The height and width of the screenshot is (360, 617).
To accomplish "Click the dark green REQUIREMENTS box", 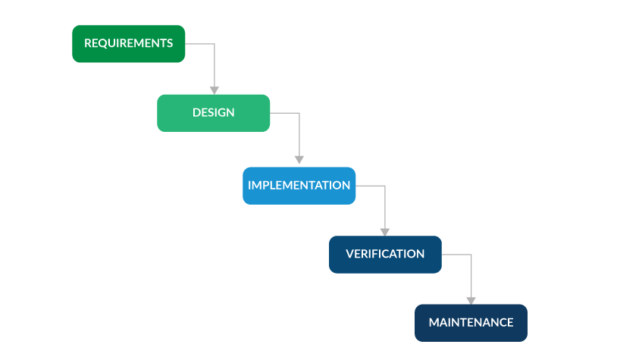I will coord(128,44).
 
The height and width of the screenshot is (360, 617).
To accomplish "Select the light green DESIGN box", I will coord(213,113).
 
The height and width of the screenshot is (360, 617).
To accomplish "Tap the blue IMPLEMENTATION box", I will coord(299,186).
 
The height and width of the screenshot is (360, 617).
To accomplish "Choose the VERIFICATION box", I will coord(385,255).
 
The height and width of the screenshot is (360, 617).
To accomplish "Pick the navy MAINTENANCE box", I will coord(471,323).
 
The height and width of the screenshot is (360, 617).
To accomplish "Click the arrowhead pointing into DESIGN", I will coord(215,89).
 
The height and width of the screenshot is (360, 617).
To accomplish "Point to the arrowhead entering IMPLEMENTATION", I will coord(299,160).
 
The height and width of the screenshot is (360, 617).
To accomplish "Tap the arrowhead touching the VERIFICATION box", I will coord(385,231).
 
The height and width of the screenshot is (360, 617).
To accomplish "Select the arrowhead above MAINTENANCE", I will coord(471,300).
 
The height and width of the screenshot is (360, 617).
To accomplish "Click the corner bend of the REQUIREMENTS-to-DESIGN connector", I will coord(215,44).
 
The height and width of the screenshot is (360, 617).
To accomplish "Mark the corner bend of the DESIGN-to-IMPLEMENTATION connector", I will coord(299,113).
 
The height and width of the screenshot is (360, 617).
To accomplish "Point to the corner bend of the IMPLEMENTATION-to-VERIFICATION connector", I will coord(385,186).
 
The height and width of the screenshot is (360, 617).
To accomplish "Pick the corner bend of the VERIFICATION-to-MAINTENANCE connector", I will coord(471,255).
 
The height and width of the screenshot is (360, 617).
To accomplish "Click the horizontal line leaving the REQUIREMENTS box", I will coord(199,44).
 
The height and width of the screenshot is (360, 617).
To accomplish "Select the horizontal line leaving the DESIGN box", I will coord(284,113).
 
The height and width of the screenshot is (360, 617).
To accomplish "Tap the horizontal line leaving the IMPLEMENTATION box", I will coord(370,186).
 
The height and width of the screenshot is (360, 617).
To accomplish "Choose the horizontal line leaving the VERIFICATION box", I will coord(456,255).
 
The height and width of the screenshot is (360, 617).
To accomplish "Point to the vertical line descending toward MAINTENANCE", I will coord(471,276).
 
